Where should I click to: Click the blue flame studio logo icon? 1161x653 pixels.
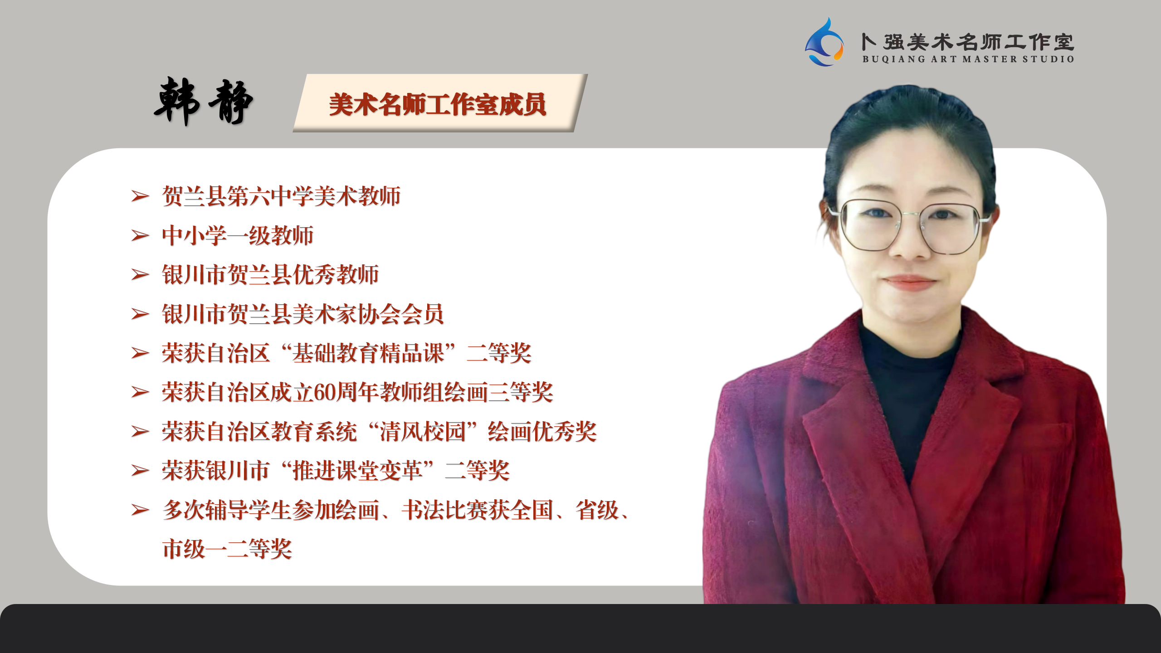tap(824, 42)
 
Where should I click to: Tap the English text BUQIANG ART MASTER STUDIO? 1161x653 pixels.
tap(968, 59)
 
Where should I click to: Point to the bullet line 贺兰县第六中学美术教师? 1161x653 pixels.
tap(281, 196)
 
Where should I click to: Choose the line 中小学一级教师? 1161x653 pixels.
tap(238, 235)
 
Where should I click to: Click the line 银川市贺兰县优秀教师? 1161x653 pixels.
tap(270, 274)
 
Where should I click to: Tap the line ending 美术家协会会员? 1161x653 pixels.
tap(303, 314)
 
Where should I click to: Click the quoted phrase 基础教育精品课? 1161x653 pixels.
tap(368, 353)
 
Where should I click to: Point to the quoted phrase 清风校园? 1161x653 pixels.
tap(423, 431)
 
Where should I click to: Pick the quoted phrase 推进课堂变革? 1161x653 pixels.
tap(357, 471)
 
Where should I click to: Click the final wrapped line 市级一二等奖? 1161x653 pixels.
tap(227, 549)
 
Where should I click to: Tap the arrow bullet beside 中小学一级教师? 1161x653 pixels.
tap(140, 236)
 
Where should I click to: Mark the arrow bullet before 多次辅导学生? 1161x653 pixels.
tap(140, 510)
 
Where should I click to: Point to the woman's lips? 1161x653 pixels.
tap(910, 282)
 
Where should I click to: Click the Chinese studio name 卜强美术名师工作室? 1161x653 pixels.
tap(968, 42)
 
